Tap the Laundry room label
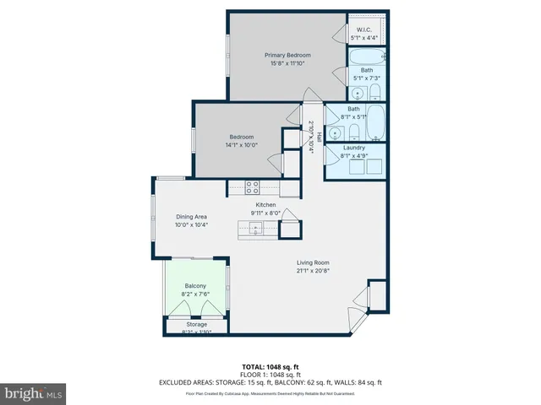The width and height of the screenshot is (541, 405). pos(353,148)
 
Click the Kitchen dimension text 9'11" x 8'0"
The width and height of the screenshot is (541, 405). pos(266,213)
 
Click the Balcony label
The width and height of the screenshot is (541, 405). pos(194,286)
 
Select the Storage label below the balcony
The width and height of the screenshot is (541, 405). pos(196,324)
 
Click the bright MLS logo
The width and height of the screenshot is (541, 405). pos(34,393)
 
